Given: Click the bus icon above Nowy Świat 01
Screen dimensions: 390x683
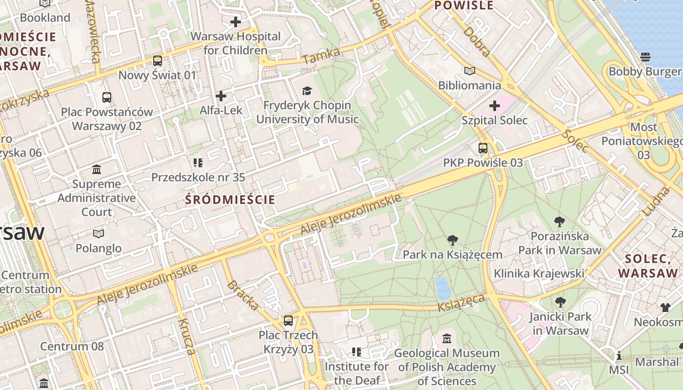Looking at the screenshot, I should (x=157, y=61).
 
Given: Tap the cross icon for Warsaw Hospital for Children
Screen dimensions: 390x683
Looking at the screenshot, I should (x=236, y=22).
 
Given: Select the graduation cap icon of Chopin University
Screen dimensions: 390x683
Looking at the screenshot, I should (x=307, y=91).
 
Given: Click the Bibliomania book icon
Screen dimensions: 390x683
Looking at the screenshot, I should (x=469, y=71).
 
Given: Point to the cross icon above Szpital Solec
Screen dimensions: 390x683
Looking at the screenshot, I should (x=495, y=106).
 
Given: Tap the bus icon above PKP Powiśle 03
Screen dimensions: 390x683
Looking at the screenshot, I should (x=482, y=148).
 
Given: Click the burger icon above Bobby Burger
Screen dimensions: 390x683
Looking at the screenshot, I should (x=645, y=57).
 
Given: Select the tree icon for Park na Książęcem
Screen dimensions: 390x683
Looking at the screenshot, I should (x=452, y=240).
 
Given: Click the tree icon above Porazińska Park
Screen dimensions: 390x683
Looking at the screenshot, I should (x=560, y=222).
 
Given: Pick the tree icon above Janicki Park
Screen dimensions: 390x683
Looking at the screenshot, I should (x=560, y=302).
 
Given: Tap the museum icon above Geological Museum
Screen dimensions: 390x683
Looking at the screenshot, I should (x=446, y=338).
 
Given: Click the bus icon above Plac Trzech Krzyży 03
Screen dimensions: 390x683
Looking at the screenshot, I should (x=288, y=321).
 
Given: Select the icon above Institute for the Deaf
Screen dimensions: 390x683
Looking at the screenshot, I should (x=356, y=352).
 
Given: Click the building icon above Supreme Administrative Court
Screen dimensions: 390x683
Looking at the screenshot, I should (x=97, y=170).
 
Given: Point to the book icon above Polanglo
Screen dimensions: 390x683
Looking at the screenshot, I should (x=99, y=234).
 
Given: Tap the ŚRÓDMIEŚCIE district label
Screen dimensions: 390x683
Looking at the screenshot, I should (x=230, y=199).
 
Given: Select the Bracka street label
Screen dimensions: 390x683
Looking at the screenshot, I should (x=243, y=295).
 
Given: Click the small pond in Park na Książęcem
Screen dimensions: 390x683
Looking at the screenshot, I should (x=443, y=288).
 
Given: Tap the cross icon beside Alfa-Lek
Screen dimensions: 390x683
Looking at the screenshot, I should (x=221, y=96).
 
